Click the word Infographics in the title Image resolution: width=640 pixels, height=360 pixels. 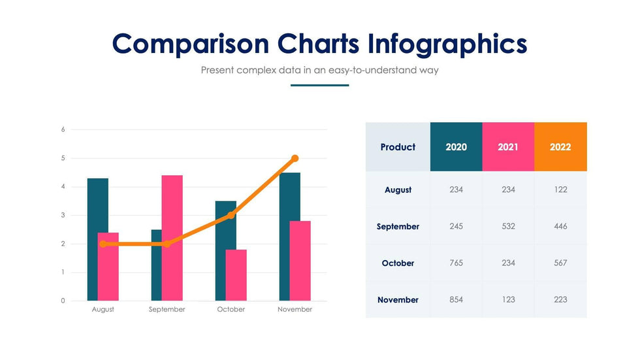[447, 44]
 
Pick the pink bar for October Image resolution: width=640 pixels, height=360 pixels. [236, 274]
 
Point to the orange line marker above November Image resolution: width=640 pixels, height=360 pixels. [295, 158]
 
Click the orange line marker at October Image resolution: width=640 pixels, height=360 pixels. [231, 215]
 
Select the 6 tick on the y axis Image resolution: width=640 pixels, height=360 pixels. [63, 129]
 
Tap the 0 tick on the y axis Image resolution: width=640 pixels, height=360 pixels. [63, 301]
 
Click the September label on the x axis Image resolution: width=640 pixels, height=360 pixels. [167, 309]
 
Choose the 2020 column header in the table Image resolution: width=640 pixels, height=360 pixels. [456, 147]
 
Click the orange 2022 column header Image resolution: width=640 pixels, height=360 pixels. [560, 147]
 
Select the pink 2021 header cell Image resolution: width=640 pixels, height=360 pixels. [508, 147]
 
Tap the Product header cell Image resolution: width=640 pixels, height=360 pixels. [398, 147]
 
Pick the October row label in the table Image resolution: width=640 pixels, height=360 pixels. [398, 263]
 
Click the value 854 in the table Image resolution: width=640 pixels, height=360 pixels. [456, 300]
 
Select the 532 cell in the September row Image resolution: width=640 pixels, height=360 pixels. [508, 227]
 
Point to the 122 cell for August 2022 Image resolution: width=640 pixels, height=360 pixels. [560, 189]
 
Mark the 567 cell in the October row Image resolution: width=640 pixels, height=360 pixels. [560, 263]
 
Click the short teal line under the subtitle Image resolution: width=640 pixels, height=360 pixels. [319, 85]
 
